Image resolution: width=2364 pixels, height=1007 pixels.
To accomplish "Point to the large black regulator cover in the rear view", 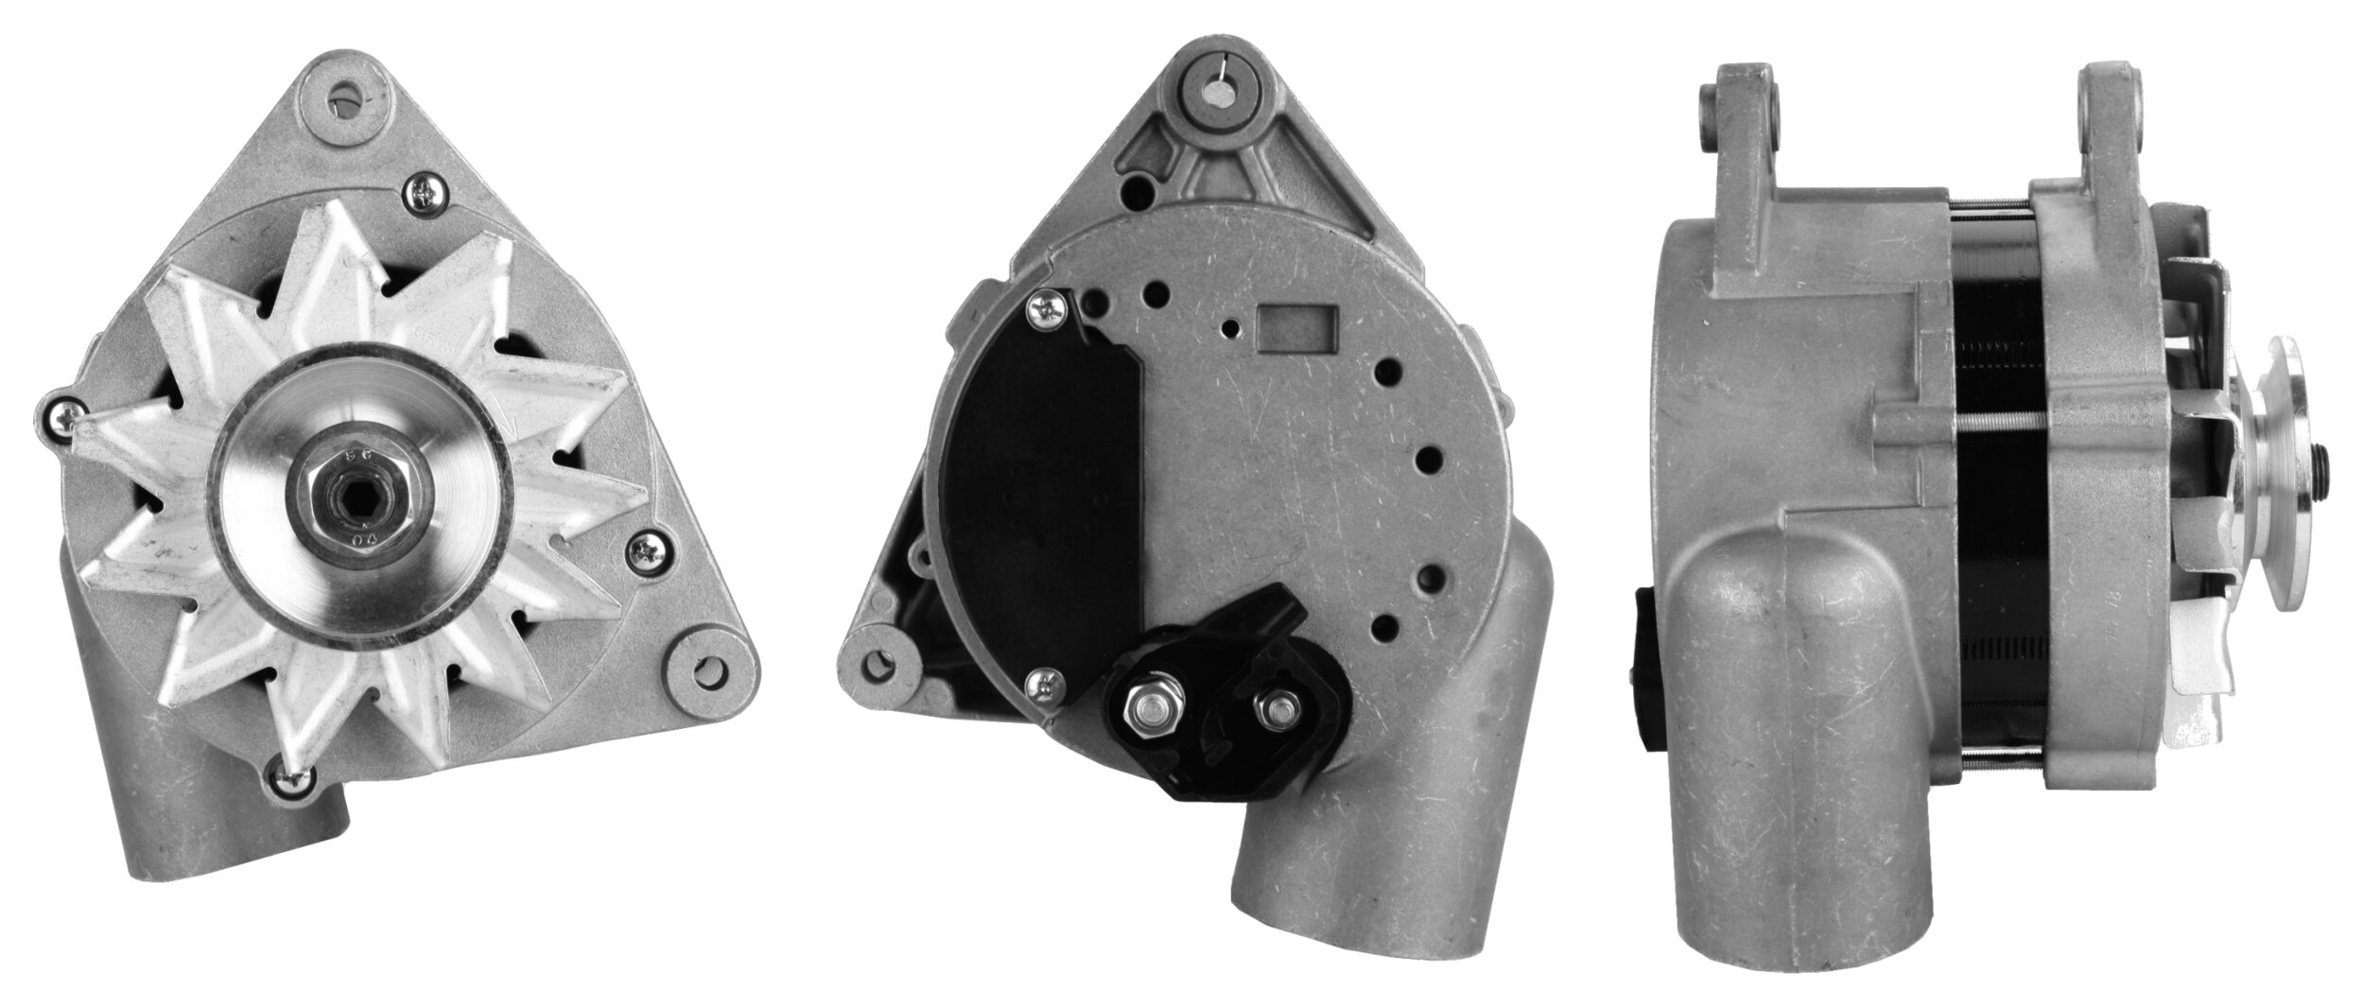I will click(1040, 492).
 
